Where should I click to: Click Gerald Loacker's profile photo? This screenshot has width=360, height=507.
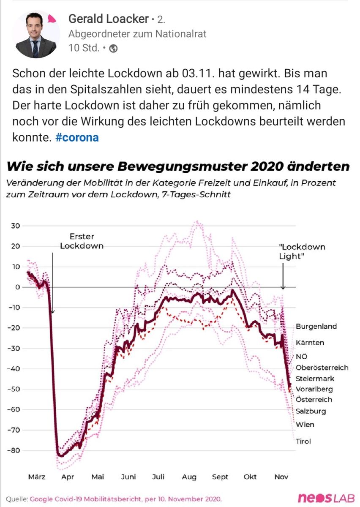click(35, 35)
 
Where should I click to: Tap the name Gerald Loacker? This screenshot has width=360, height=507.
click(108, 19)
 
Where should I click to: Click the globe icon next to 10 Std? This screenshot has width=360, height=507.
click(113, 49)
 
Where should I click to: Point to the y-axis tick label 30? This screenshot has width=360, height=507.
click(16, 226)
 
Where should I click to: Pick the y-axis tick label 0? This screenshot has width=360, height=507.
click(18, 287)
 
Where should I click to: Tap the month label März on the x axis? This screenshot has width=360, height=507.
click(37, 477)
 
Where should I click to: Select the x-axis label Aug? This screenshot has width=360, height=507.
click(189, 477)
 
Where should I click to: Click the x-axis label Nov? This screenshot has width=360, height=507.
click(281, 477)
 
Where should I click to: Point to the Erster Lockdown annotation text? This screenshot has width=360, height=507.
click(82, 241)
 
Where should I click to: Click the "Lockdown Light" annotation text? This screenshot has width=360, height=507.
click(302, 251)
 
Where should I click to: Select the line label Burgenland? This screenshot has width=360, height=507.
click(316, 327)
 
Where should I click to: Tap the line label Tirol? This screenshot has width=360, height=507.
click(303, 442)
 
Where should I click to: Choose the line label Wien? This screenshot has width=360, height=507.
click(305, 425)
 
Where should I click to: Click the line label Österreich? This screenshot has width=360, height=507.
click(314, 400)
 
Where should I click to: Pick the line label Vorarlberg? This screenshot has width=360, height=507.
click(314, 389)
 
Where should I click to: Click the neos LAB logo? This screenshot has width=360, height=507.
click(326, 499)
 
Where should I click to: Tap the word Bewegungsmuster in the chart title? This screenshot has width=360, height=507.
click(181, 166)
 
